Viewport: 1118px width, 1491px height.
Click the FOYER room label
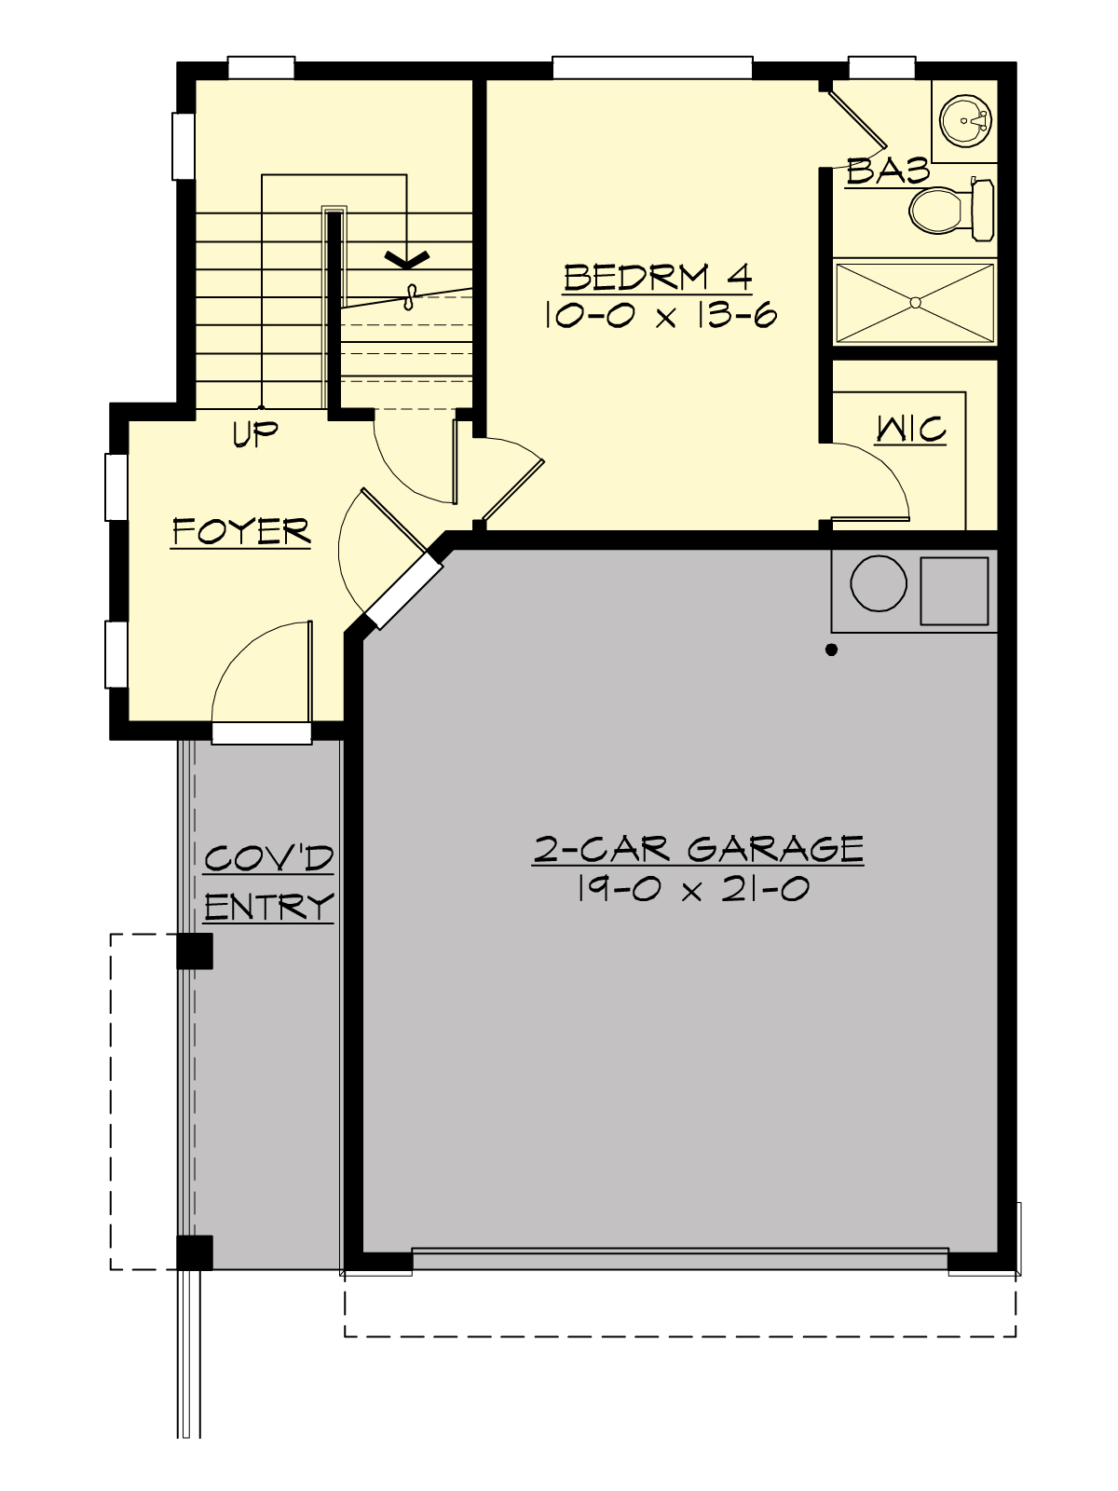[x=241, y=531]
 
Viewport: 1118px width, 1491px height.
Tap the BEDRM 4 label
[x=658, y=277]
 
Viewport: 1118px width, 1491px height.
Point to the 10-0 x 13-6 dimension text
[x=658, y=316]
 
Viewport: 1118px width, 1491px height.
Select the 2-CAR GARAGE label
[x=698, y=849]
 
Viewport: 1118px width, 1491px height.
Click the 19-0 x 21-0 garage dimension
[x=692, y=890]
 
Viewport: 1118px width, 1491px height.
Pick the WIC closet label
[x=911, y=430]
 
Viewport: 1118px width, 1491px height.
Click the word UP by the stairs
[x=255, y=434]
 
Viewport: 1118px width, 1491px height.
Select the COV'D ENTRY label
[x=268, y=882]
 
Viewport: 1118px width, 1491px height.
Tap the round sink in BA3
[x=964, y=120]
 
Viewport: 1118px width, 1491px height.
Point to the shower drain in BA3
[x=915, y=302]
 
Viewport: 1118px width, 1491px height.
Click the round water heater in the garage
[x=878, y=583]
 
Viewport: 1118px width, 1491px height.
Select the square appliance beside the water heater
[x=954, y=591]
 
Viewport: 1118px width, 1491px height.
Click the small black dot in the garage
[x=832, y=650]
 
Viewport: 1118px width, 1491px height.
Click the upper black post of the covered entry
[x=195, y=951]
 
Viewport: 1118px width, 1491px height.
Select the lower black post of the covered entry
[x=195, y=1252]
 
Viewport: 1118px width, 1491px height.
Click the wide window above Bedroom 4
[x=652, y=67]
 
